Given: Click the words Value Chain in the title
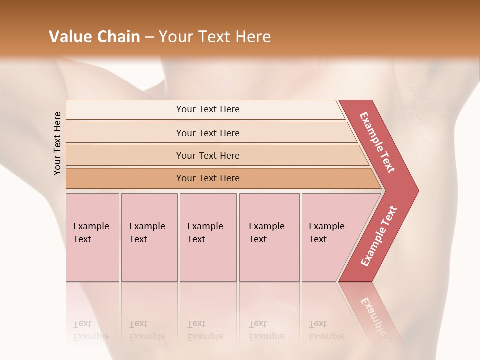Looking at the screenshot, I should click(94, 37).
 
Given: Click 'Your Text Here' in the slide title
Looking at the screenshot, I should click(214, 37).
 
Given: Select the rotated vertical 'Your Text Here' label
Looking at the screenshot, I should click(57, 143).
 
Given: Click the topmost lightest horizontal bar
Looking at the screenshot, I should click(207, 109).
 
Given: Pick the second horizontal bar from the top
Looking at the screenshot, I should click(207, 133).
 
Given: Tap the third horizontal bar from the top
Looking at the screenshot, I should click(207, 155).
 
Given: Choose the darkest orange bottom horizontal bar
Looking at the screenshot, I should click(207, 178).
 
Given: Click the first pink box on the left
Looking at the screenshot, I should click(92, 237).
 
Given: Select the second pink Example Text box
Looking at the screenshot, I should click(149, 237).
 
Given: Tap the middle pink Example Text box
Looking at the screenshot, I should click(208, 237).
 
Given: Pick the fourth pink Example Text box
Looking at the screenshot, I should click(269, 237).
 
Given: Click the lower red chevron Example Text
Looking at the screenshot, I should click(379, 236).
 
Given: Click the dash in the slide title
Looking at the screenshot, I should click(149, 37).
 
